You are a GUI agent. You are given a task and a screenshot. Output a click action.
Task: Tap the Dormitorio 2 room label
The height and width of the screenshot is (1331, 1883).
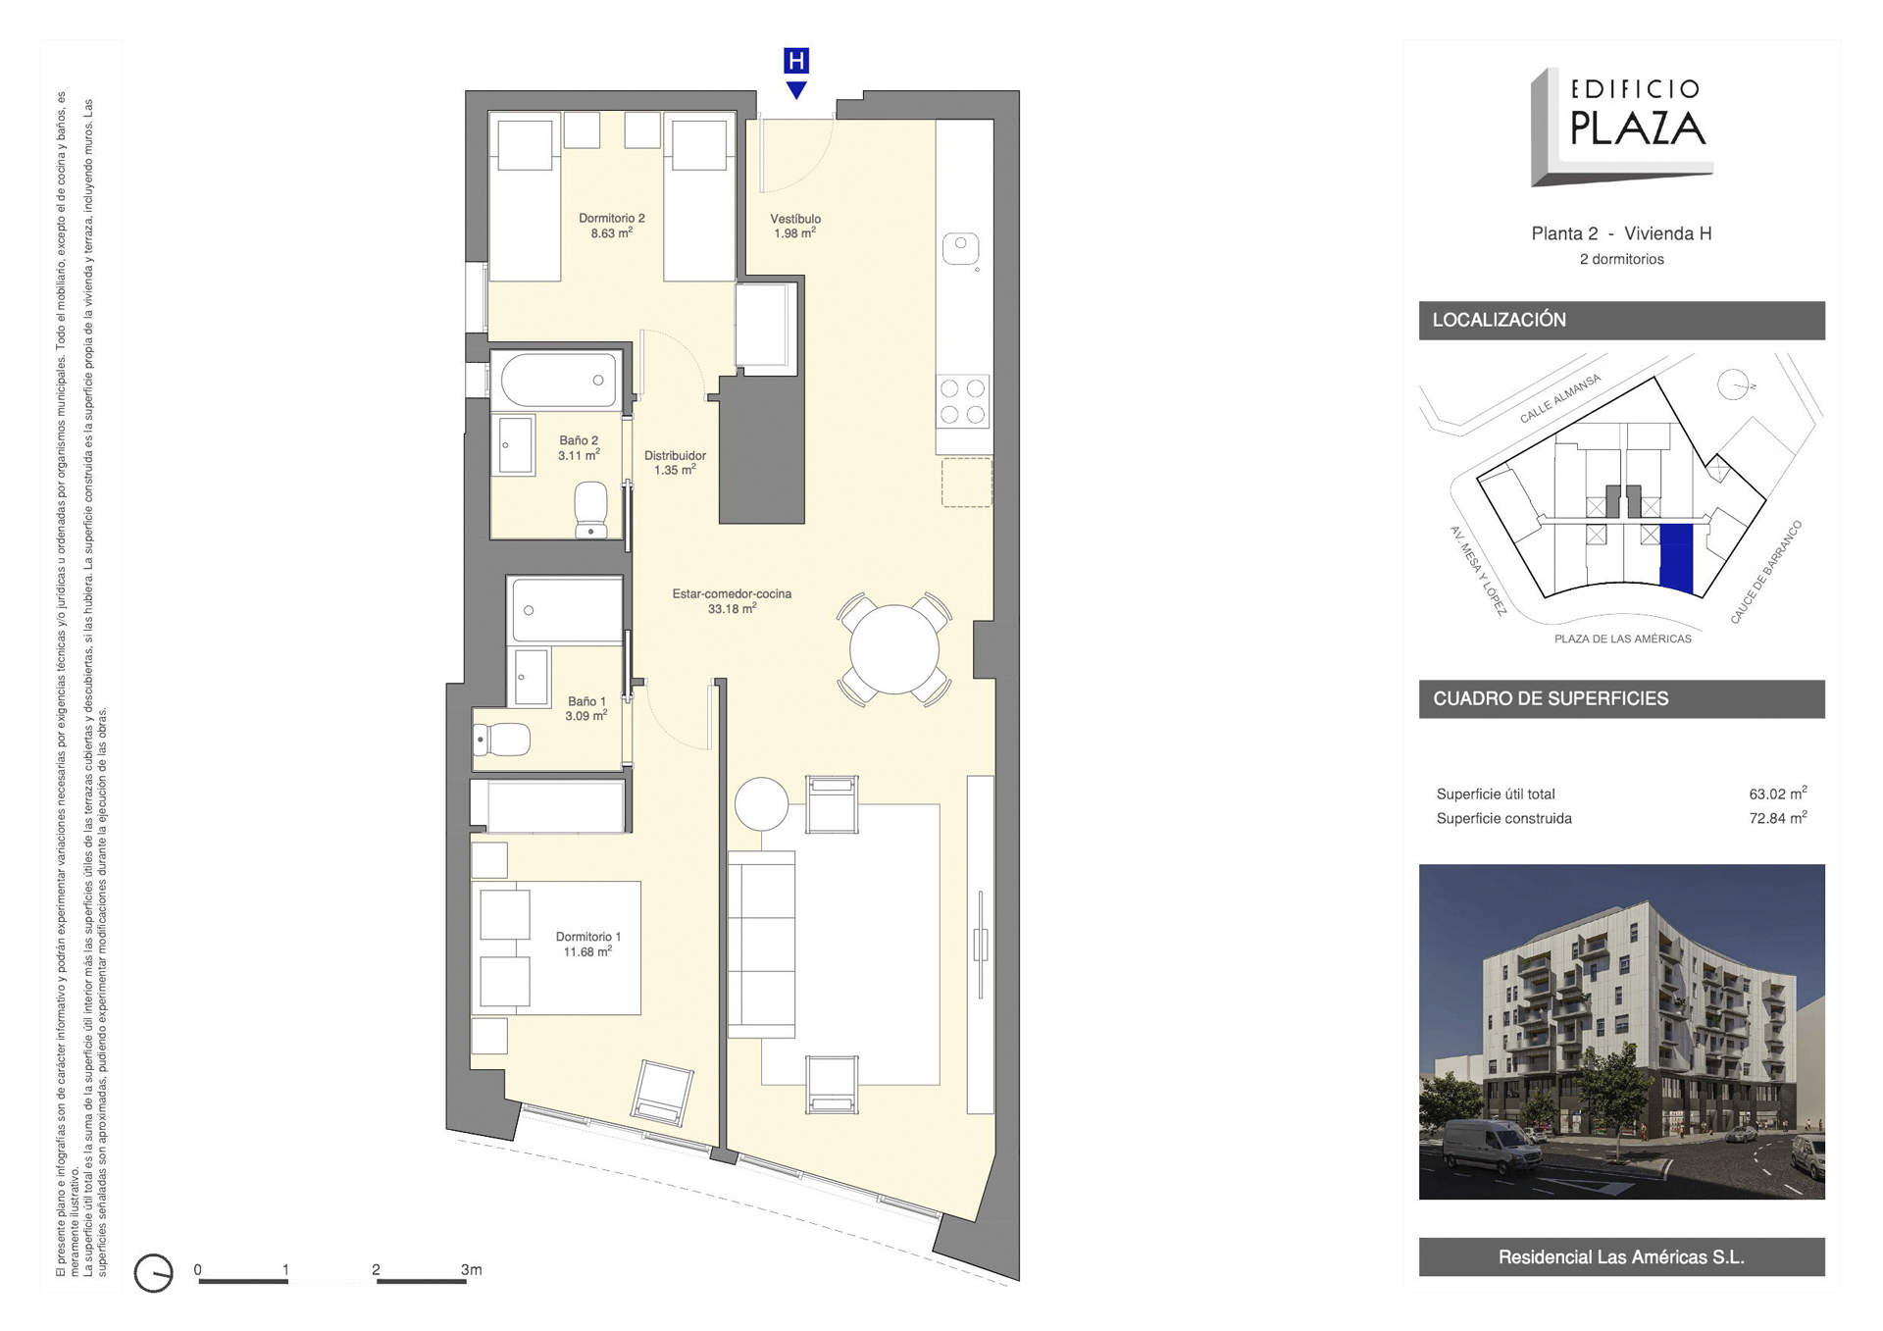[x=612, y=219]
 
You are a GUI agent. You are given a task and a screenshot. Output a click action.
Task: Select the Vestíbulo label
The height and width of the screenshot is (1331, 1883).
[x=795, y=219]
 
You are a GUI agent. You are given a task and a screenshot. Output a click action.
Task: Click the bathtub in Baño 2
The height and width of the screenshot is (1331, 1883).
[x=559, y=380]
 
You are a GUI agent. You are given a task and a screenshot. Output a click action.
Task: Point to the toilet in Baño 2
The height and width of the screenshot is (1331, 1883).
[x=590, y=509]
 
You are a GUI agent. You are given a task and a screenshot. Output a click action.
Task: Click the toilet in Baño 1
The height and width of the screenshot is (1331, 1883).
[x=502, y=739]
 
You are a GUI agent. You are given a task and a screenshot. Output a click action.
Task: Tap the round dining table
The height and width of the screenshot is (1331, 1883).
[x=893, y=648]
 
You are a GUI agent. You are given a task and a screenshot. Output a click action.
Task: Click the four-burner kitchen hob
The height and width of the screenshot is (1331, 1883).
[x=963, y=401]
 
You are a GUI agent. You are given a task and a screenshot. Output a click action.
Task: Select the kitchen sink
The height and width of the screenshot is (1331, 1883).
[x=961, y=249]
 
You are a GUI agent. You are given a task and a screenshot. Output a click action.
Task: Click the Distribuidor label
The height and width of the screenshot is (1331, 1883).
[x=675, y=455]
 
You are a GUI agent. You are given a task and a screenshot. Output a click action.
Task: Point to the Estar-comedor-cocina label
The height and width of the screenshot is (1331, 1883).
[x=732, y=593]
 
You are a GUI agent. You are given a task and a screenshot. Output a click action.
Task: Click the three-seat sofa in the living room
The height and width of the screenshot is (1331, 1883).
[x=761, y=944]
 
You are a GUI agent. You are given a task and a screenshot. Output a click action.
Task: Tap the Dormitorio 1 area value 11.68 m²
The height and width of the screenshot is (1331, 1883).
[x=587, y=951]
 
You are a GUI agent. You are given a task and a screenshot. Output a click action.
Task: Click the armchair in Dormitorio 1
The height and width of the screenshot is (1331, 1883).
[x=663, y=1092]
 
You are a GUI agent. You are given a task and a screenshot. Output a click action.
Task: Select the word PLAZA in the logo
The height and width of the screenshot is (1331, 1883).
[x=1637, y=128]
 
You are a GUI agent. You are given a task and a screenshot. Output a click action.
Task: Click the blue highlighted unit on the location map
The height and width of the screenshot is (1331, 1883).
[x=1677, y=558]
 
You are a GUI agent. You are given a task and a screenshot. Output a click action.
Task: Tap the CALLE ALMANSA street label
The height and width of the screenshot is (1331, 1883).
[x=1560, y=398]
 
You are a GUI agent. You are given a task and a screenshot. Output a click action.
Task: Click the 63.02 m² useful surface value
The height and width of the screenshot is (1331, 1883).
[x=1777, y=793]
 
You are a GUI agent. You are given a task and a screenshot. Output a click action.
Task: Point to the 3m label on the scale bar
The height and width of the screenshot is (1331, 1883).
[x=472, y=1269]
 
